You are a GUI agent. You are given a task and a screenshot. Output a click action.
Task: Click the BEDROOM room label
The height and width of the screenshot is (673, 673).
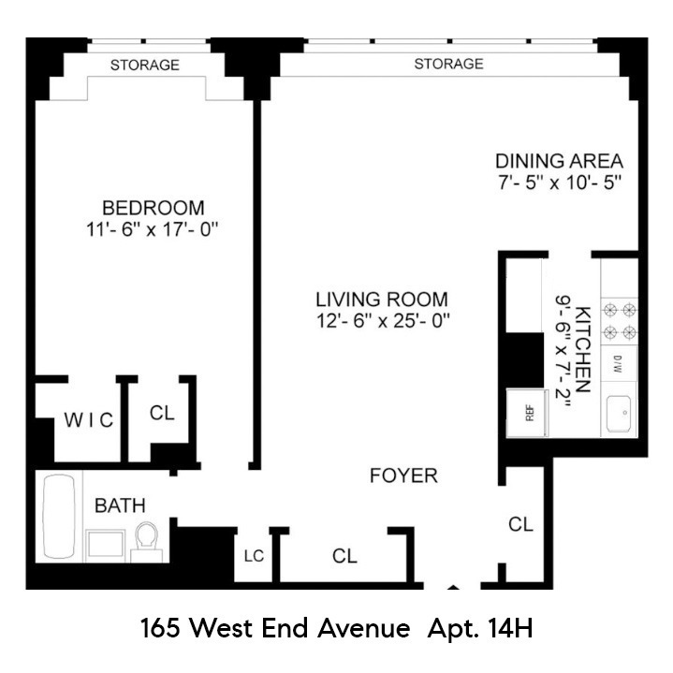pos(153,208)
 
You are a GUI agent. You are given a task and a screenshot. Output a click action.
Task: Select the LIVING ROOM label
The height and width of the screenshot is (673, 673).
pos(381,300)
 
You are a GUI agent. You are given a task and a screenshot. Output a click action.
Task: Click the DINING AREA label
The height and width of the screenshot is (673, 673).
pos(559,160)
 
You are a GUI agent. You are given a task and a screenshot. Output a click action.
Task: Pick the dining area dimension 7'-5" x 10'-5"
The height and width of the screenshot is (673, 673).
pos(559,182)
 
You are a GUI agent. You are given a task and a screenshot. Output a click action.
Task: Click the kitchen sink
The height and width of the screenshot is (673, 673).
pos(622,413)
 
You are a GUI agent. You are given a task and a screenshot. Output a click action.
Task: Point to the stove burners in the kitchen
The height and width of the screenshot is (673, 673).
pos(619,319)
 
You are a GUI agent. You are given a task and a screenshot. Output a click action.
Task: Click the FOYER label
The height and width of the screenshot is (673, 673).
pos(403,475)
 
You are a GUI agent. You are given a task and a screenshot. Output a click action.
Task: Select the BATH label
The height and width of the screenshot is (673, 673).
pos(120,505)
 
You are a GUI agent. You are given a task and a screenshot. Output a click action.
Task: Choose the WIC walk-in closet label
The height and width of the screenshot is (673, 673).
pos(88,419)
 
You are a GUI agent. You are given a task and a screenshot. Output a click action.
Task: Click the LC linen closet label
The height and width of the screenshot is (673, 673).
pos(254,556)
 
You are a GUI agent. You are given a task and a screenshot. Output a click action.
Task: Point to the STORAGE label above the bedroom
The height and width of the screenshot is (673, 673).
pos(144,66)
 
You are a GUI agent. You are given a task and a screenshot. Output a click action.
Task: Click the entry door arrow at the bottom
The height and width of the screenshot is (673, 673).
pos(454,587)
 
